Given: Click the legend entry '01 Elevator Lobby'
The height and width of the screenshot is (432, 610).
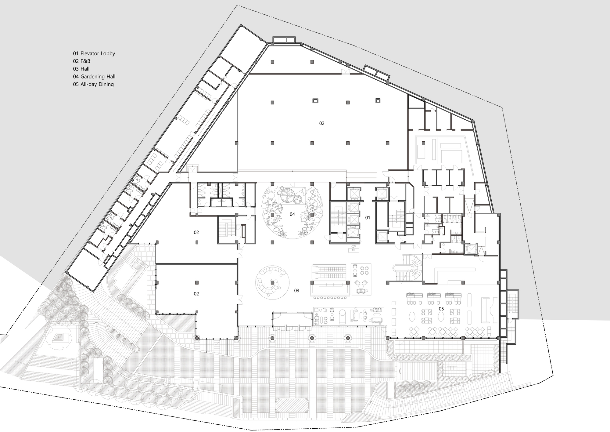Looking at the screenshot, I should click(x=94, y=53).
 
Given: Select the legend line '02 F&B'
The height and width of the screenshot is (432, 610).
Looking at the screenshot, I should click(x=81, y=61).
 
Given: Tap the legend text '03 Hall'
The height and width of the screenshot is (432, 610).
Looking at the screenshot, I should click(x=81, y=69).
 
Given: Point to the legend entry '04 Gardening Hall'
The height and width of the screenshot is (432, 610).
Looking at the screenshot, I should click(x=94, y=77).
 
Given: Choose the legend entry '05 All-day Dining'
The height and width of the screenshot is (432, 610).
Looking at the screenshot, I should click(x=93, y=84).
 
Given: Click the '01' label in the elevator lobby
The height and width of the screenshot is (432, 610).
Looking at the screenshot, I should click(x=368, y=218).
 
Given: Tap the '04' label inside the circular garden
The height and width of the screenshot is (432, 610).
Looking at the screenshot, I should click(x=292, y=214).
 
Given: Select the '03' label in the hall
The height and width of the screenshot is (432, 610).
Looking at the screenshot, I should click(x=296, y=291).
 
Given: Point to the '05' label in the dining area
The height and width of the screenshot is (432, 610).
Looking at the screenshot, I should click(x=441, y=309).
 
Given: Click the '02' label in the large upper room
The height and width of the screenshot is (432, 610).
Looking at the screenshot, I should click(x=321, y=123).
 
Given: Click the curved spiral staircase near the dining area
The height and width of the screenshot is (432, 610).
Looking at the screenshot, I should click(x=409, y=269).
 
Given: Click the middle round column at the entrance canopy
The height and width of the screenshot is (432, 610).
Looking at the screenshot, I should click(x=312, y=338).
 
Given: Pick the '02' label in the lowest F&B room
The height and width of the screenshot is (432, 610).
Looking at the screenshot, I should click(x=196, y=294).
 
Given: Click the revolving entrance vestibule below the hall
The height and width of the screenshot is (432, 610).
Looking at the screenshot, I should click(x=292, y=320).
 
